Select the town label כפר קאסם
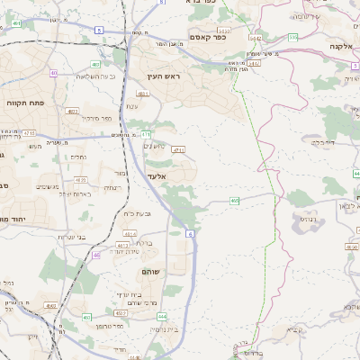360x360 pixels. click(x=207, y=36)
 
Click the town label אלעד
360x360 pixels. click(x=157, y=188)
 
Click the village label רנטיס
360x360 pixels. click(x=305, y=217)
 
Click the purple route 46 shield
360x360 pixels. click(x=96, y=256)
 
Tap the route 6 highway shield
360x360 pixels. click(x=191, y=234)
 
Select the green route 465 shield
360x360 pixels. click(x=234, y=200)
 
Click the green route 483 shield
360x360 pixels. click(x=96, y=64)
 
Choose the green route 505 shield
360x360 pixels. click(x=293, y=38)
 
